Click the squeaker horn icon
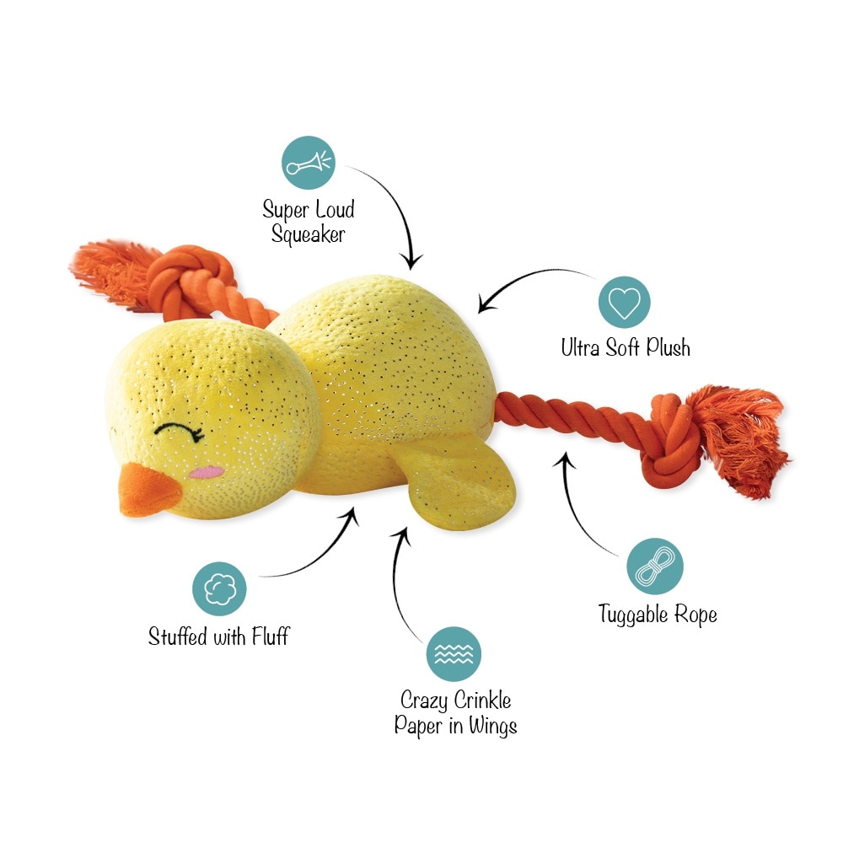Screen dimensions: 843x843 pos(309,163)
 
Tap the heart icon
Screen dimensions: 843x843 pos(624,302)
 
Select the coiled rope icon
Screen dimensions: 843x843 pos(655,566)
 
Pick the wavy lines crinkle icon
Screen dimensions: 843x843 pos(454,654)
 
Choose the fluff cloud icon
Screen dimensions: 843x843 pos(219,588)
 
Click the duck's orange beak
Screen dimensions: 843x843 pos(147,491)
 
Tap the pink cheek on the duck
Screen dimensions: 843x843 pos(207,473)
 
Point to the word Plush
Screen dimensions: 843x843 pos(668,347)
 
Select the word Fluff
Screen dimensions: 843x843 pos(271,636)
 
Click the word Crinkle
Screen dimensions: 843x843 pos(483,700)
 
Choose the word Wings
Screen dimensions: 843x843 pos(492,727)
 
